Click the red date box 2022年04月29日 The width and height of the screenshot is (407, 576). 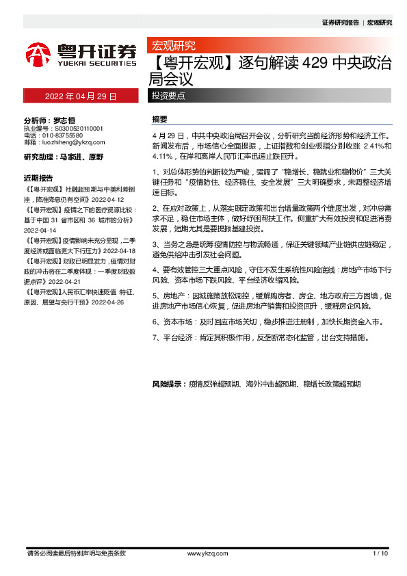point(81,96)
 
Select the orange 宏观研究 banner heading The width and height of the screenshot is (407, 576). point(174,46)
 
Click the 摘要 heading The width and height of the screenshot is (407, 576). point(159,119)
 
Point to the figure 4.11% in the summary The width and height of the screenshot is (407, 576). point(162,156)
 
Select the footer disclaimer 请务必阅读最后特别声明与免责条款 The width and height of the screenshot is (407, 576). point(76,553)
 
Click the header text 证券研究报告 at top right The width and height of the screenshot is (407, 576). point(340,23)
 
